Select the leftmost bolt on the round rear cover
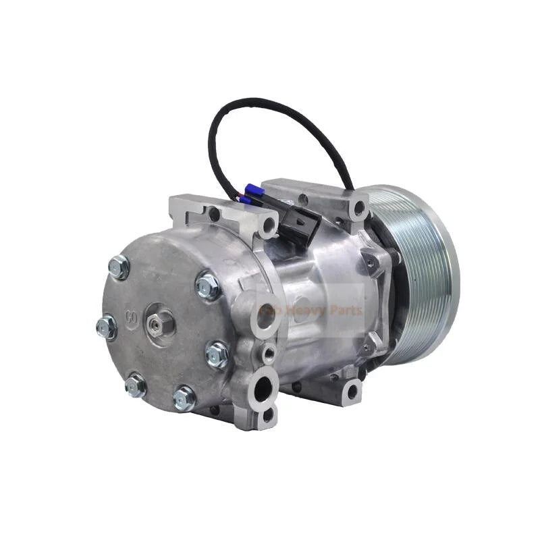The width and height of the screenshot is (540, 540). (107, 328)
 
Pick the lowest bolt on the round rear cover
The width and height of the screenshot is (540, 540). (184, 398)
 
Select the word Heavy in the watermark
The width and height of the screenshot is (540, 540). (317, 311)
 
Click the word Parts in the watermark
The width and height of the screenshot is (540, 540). (348, 311)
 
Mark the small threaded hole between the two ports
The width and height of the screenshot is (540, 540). (269, 352)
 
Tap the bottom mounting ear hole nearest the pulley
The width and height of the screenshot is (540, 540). (352, 391)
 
